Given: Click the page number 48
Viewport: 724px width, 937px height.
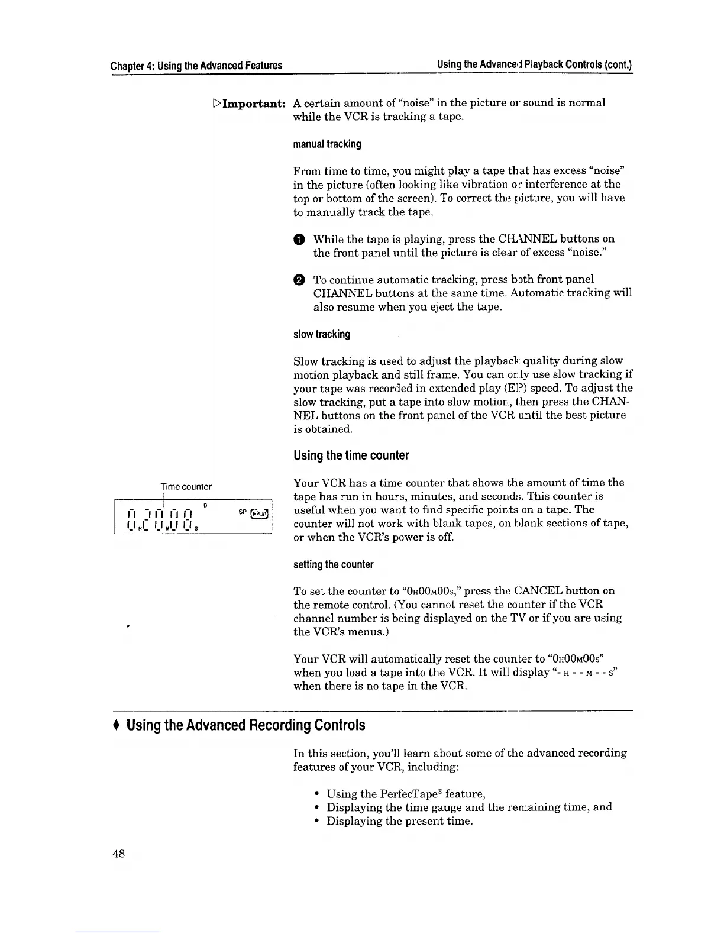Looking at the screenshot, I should tap(118, 854).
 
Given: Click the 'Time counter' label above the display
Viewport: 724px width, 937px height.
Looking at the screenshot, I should tap(186, 487).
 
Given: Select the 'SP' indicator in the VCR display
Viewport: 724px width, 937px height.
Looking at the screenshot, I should tap(242, 512).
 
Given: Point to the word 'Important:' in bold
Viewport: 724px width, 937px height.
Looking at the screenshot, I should tap(254, 104).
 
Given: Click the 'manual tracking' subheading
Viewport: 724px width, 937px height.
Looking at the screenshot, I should tap(327, 144).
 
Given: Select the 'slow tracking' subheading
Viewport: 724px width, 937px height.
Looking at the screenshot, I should tap(322, 335).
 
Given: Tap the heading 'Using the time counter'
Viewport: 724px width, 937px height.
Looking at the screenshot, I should tap(351, 455).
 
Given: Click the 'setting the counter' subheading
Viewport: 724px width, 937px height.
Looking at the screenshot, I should tap(334, 564).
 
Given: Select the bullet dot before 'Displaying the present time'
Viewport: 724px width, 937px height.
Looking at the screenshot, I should tap(318, 821).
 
